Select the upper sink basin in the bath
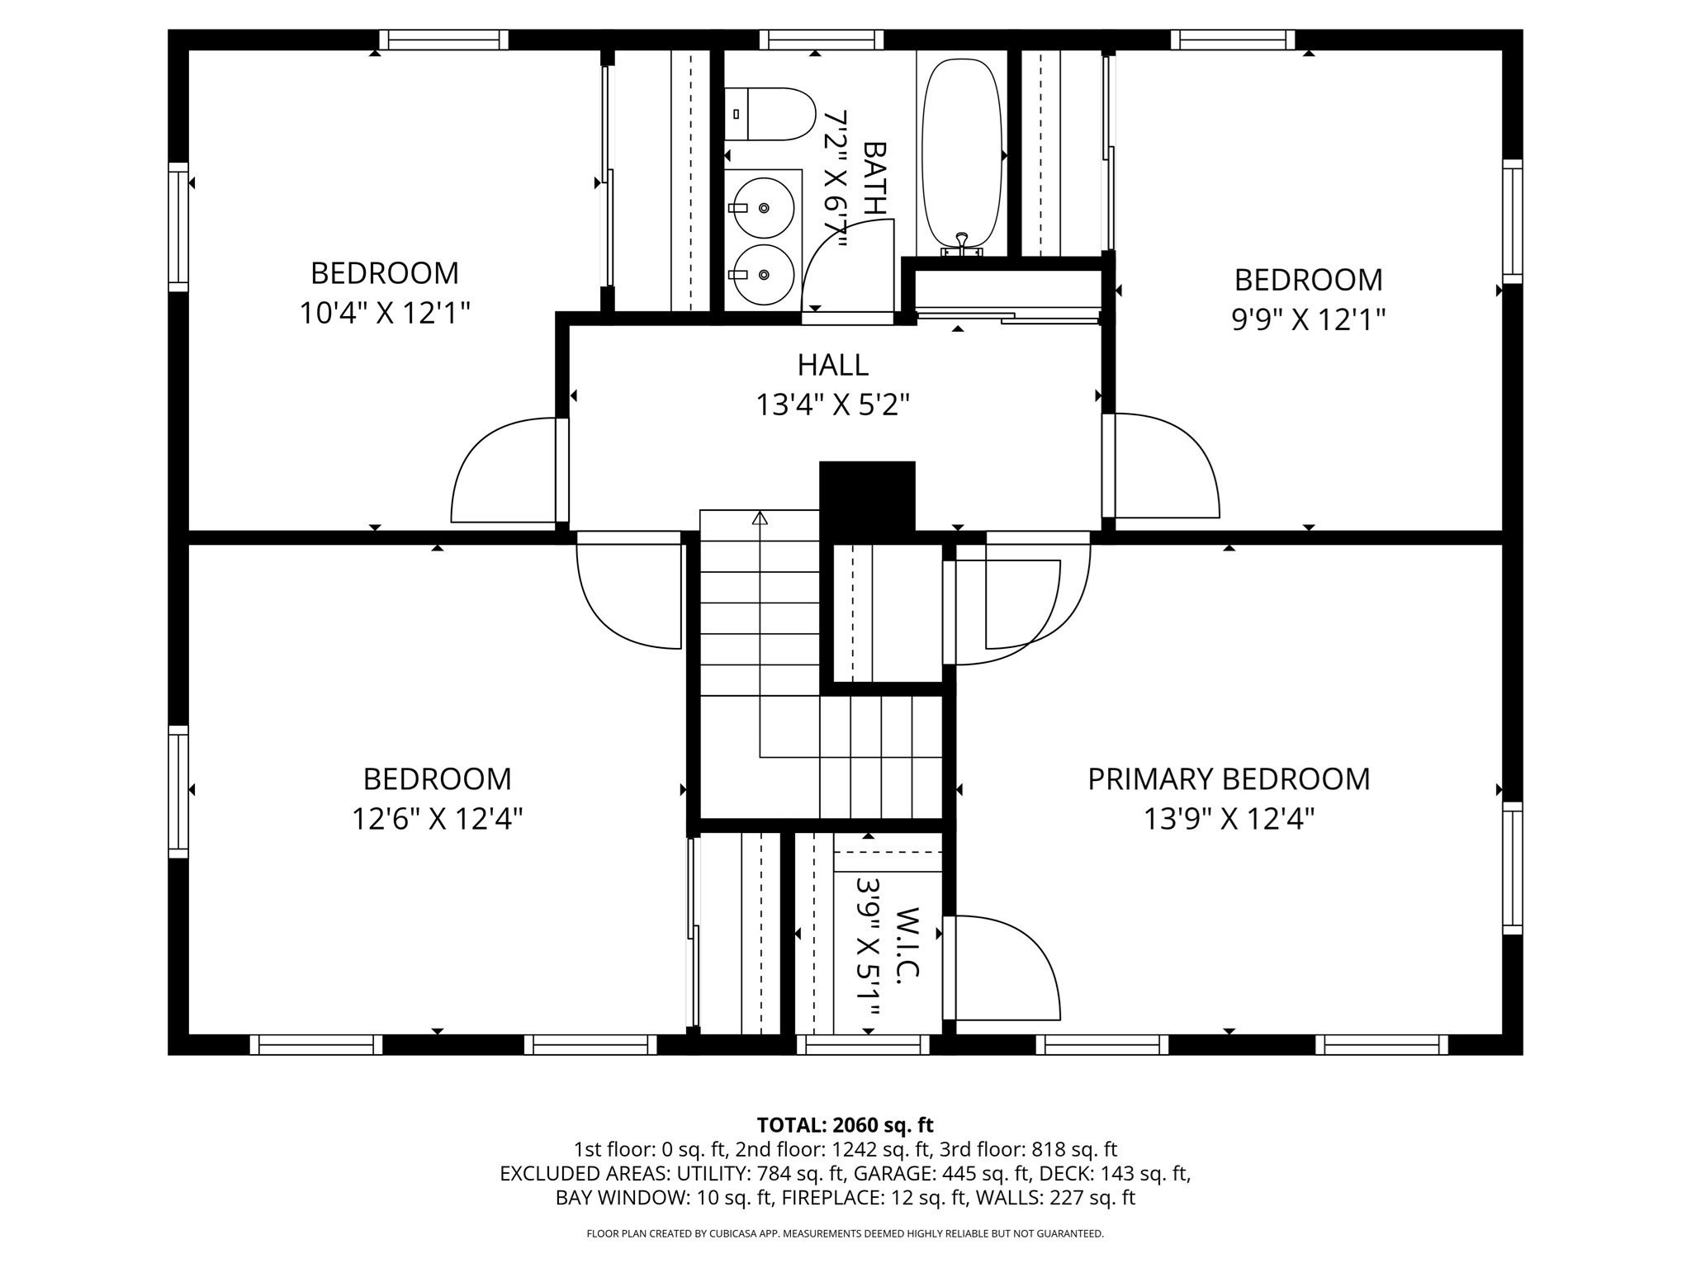pos(764,207)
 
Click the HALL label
pos(832,365)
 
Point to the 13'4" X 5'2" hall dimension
pos(832,405)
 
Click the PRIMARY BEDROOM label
pos(1228,779)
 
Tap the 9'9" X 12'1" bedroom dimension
pos(1308,319)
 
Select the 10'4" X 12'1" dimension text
pos(384,314)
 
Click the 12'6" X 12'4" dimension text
pos(437,819)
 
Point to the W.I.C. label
pos(907,944)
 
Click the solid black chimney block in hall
pos(866,495)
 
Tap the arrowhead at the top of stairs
pos(760,518)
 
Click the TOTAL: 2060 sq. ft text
pos(845,1124)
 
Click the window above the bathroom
pos(822,40)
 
